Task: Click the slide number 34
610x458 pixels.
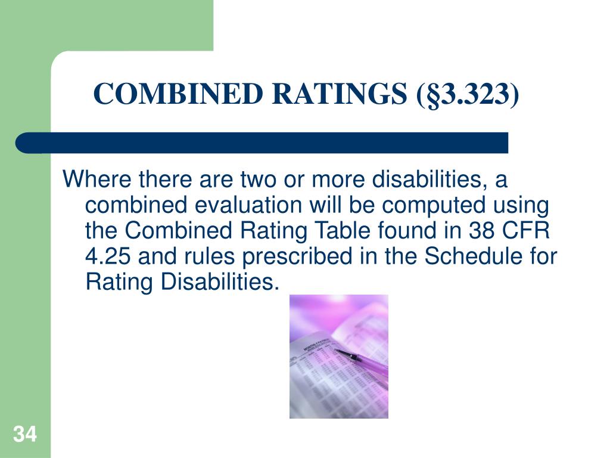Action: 24,434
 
